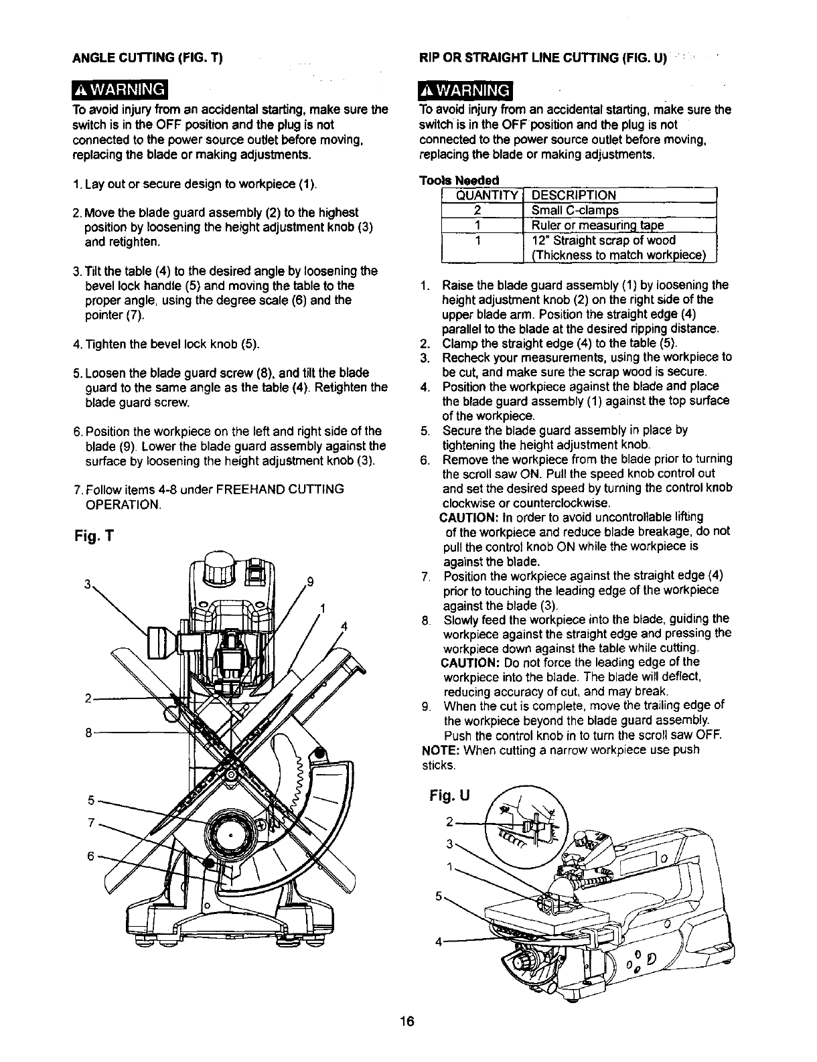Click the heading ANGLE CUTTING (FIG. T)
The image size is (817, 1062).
147,58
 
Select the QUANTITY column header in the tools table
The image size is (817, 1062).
481,196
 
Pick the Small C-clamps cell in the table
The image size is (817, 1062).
574,210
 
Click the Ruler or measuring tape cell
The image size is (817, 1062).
592,225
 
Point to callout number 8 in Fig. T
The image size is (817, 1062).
88,732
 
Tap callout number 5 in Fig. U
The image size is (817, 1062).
438,894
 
